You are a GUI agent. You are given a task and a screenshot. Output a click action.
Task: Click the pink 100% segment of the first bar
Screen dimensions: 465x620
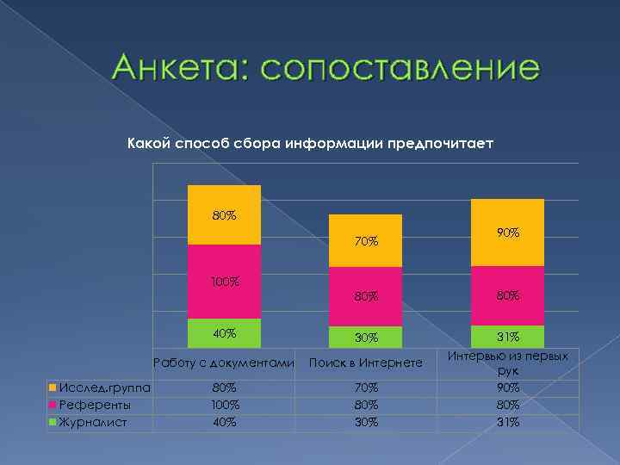point(224,282)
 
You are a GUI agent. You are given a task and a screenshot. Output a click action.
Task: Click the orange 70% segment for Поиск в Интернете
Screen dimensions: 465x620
point(365,241)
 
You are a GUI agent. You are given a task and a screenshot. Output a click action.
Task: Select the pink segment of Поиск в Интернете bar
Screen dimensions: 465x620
point(365,295)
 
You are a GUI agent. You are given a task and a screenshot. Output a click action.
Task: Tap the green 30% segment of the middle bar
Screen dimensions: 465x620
point(365,337)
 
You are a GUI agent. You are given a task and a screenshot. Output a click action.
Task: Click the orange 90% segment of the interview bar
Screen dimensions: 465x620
point(507,232)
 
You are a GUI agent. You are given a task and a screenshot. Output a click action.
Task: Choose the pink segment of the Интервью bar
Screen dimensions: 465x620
point(507,295)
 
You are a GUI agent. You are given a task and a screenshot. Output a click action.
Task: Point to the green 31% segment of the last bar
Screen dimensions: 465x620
point(507,337)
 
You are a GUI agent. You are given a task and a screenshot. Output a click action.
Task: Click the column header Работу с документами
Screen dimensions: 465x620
point(224,363)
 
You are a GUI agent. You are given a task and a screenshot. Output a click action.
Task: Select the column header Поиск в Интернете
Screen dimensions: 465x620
point(365,363)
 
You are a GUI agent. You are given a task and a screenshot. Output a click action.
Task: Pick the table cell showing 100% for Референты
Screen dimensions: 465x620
point(224,404)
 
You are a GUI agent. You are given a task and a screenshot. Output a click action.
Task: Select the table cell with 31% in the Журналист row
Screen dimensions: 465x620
point(507,421)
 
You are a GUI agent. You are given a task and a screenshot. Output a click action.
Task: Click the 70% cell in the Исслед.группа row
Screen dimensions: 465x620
point(365,387)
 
